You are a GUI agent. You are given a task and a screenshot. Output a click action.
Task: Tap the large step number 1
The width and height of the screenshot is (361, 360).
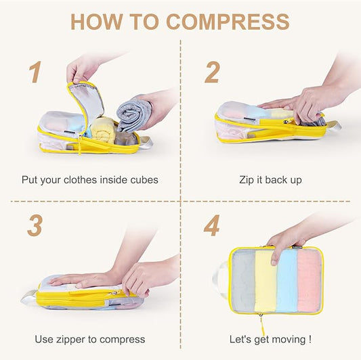(35, 72)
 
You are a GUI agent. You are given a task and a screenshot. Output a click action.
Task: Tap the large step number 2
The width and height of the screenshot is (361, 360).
(212, 72)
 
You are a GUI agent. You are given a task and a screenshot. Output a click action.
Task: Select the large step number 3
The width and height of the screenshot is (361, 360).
(35, 225)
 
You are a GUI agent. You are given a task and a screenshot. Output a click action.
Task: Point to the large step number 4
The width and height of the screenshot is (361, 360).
(211, 225)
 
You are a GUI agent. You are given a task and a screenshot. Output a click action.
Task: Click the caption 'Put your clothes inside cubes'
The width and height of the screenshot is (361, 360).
(89, 180)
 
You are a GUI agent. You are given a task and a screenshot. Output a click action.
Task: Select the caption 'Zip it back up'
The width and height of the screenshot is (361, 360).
(270, 180)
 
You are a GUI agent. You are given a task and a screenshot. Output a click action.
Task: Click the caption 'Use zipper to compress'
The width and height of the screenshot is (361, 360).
(90, 339)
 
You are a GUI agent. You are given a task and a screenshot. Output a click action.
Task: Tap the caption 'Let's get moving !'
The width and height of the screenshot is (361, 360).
(271, 339)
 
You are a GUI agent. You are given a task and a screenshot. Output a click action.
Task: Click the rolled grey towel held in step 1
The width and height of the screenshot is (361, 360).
(133, 113)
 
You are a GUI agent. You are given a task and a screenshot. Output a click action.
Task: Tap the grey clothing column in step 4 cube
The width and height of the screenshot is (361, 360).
(245, 281)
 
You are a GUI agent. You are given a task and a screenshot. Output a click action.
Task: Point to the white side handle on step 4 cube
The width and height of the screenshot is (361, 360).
(221, 279)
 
